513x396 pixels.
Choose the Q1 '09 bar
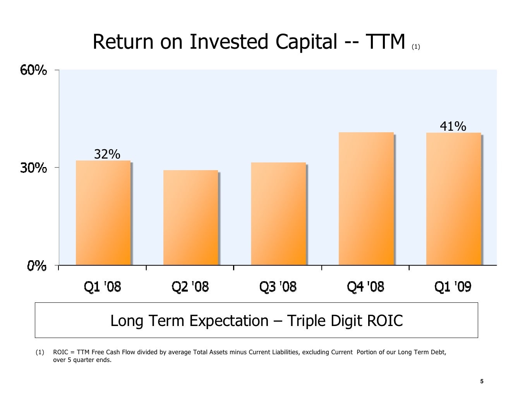click(453, 199)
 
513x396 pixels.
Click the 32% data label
click(107, 154)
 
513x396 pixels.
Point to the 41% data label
click(453, 126)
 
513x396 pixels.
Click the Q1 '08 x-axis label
click(103, 287)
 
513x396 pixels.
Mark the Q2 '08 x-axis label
click(190, 287)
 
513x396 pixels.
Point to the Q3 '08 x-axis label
click(278, 287)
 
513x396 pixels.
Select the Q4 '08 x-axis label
click(365, 287)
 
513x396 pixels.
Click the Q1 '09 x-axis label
click(453, 287)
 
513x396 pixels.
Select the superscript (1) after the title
click(415, 47)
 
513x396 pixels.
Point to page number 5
click(482, 382)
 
